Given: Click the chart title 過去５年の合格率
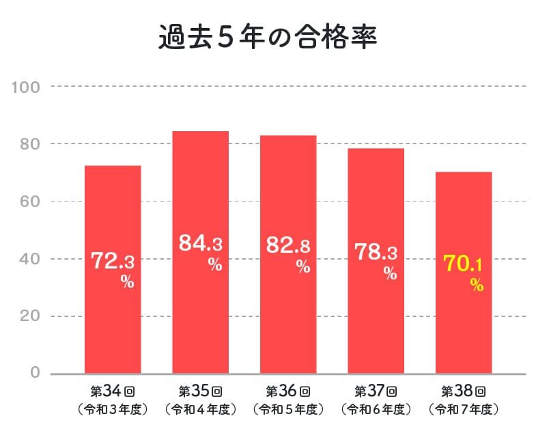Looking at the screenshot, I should (x=268, y=38).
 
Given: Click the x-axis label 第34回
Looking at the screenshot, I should (x=113, y=391).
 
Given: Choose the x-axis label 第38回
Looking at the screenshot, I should (x=464, y=391).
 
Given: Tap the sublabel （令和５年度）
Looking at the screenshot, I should (x=288, y=410).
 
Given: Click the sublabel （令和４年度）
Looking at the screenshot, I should (x=200, y=410).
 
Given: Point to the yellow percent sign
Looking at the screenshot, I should (x=477, y=286).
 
